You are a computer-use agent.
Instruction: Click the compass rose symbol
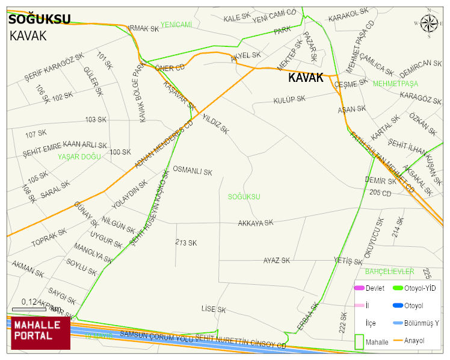tap(429, 24)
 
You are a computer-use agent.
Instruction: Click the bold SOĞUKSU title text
tap(40, 19)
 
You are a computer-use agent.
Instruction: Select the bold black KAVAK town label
tap(306, 78)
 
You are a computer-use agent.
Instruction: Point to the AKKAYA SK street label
tap(255, 222)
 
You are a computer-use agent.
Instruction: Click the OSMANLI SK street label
tap(193, 171)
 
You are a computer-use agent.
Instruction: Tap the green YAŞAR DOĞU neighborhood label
tap(79, 157)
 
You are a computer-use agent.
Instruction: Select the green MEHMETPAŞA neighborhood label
tap(395, 84)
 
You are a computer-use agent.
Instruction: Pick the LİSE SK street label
tap(214, 309)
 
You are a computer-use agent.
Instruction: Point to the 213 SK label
tap(186, 243)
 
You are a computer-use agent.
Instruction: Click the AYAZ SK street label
tap(276, 261)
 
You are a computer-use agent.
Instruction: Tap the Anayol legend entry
tap(414, 341)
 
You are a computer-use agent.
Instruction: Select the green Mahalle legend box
tap(360, 341)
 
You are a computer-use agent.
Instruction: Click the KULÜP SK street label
tap(289, 100)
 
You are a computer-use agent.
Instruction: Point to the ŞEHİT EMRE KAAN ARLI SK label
tap(65, 146)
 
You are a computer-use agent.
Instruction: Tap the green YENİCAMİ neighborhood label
tap(176, 25)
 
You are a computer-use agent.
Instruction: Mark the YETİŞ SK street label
tap(348, 261)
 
